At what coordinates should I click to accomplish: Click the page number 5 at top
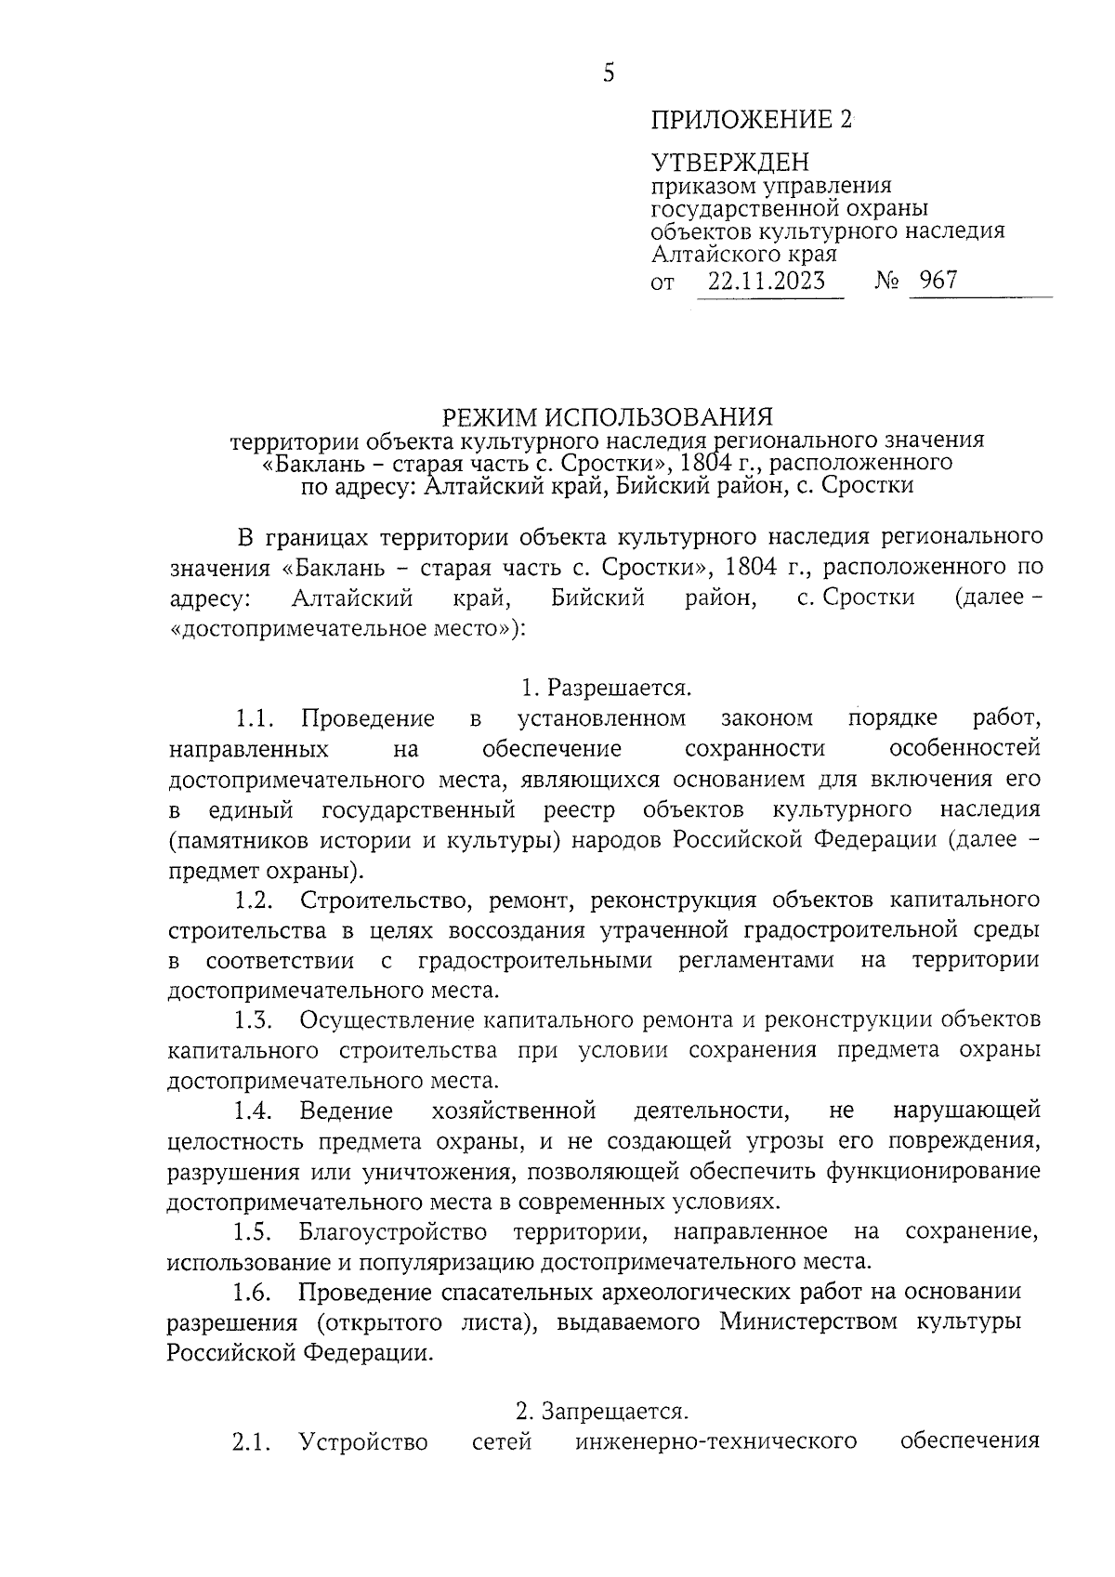coord(609,72)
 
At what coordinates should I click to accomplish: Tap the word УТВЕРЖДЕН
coord(729,164)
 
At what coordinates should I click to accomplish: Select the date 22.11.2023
coord(767,281)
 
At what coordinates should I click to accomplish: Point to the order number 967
coord(938,280)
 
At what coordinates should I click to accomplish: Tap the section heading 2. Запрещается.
coord(602,1412)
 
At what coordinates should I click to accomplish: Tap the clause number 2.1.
coord(252,1442)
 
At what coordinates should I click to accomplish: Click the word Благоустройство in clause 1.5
coord(393,1231)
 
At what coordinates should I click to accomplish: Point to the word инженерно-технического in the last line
coord(715,1442)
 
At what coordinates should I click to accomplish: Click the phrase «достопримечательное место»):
coord(347,628)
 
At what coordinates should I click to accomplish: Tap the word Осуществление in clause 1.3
coord(387,1019)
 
